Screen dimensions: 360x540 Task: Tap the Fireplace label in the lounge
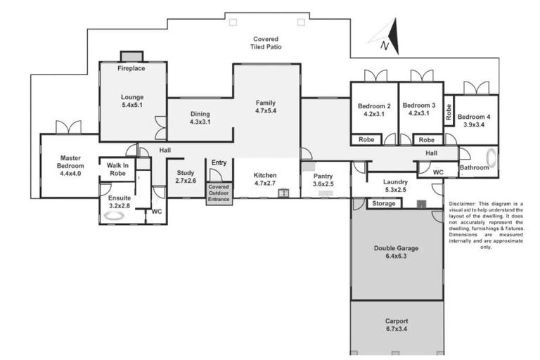[x=131, y=69]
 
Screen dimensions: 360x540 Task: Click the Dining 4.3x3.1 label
[x=200, y=118]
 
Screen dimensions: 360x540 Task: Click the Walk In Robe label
[x=117, y=168]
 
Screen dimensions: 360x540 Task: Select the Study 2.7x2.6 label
[x=185, y=176]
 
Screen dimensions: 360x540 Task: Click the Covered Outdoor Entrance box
[x=219, y=193]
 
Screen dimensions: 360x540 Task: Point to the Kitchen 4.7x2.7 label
[x=265, y=179]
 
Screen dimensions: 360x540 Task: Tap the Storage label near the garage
[x=384, y=204]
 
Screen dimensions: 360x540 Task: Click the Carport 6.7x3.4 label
[x=397, y=325]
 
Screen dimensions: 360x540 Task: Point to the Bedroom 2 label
[x=374, y=110]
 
